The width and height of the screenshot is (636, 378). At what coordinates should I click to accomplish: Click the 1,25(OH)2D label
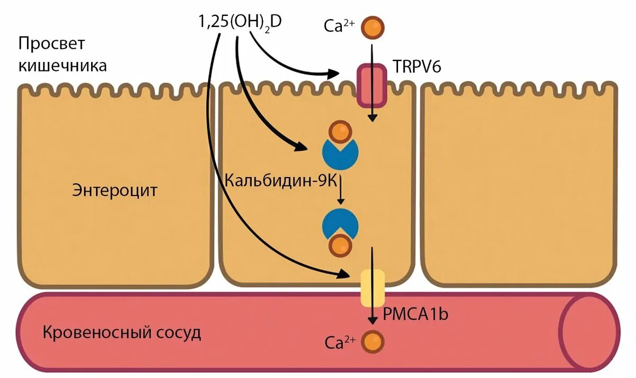(240, 23)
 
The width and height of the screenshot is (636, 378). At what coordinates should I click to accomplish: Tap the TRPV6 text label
(417, 67)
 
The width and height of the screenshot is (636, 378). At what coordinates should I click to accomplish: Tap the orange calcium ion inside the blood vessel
(372, 341)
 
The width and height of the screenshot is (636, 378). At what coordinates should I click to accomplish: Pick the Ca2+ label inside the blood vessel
(340, 342)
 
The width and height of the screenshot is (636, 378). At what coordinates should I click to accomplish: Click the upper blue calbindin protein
(340, 151)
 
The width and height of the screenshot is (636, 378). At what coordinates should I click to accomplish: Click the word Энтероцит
(114, 190)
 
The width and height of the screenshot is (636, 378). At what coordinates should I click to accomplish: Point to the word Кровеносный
(96, 333)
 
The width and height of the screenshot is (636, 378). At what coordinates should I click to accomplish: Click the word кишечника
(63, 66)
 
